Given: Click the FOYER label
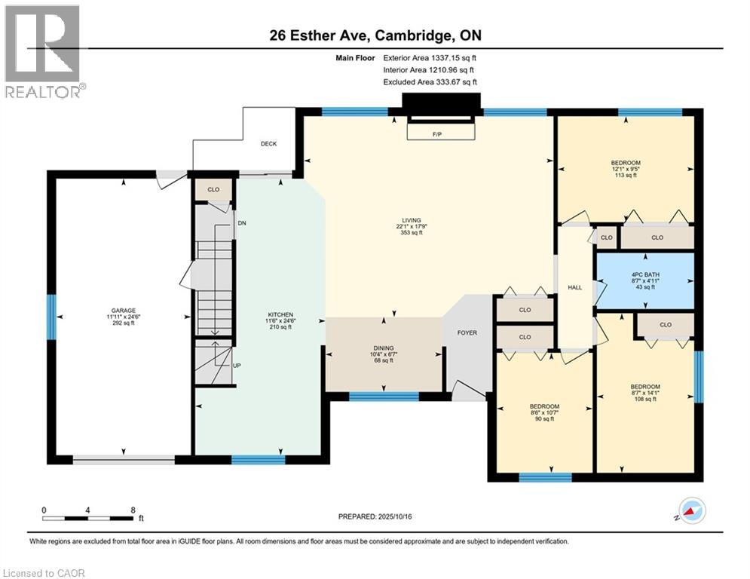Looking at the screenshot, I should click(467, 332).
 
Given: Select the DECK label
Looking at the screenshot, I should click(269, 143).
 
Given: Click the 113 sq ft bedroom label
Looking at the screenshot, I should click(625, 164).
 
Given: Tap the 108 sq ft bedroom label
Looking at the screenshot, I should click(644, 387).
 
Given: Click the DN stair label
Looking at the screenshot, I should click(241, 223).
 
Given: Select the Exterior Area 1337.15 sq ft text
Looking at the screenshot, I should click(430, 57).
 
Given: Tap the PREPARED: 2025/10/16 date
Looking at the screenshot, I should click(377, 516).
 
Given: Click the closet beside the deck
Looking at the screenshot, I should click(213, 189).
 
